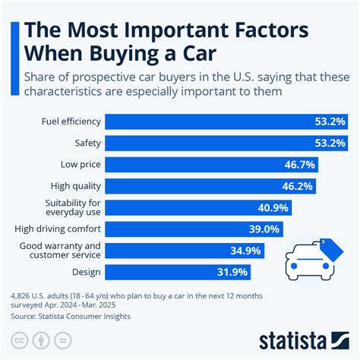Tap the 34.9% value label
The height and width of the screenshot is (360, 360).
248,250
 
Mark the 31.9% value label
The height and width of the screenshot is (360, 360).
234,271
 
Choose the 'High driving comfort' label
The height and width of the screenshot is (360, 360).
57,228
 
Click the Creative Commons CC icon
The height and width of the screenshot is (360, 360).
18,338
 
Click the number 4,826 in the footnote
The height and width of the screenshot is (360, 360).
20,293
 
